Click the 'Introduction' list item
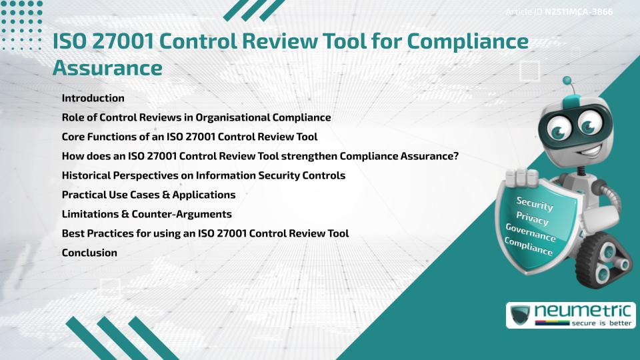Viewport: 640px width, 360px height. pyautogui.click(x=93, y=98)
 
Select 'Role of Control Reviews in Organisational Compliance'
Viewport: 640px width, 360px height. pyautogui.click(x=196, y=117)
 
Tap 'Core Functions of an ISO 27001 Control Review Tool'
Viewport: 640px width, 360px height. pyautogui.click(x=189, y=137)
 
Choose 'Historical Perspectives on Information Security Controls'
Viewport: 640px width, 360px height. pyautogui.click(x=203, y=176)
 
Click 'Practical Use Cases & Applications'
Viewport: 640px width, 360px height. pyautogui.click(x=148, y=195)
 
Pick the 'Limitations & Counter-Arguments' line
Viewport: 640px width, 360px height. pyautogui.click(x=146, y=215)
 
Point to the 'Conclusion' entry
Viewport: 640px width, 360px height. pyautogui.click(x=89, y=253)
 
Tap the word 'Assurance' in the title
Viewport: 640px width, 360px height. pyautogui.click(x=107, y=67)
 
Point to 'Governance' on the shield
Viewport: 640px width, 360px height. pyautogui.click(x=530, y=233)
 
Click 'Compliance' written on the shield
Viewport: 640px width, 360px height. pyautogui.click(x=528, y=247)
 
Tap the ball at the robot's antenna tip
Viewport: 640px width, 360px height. pyautogui.click(x=567, y=80)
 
